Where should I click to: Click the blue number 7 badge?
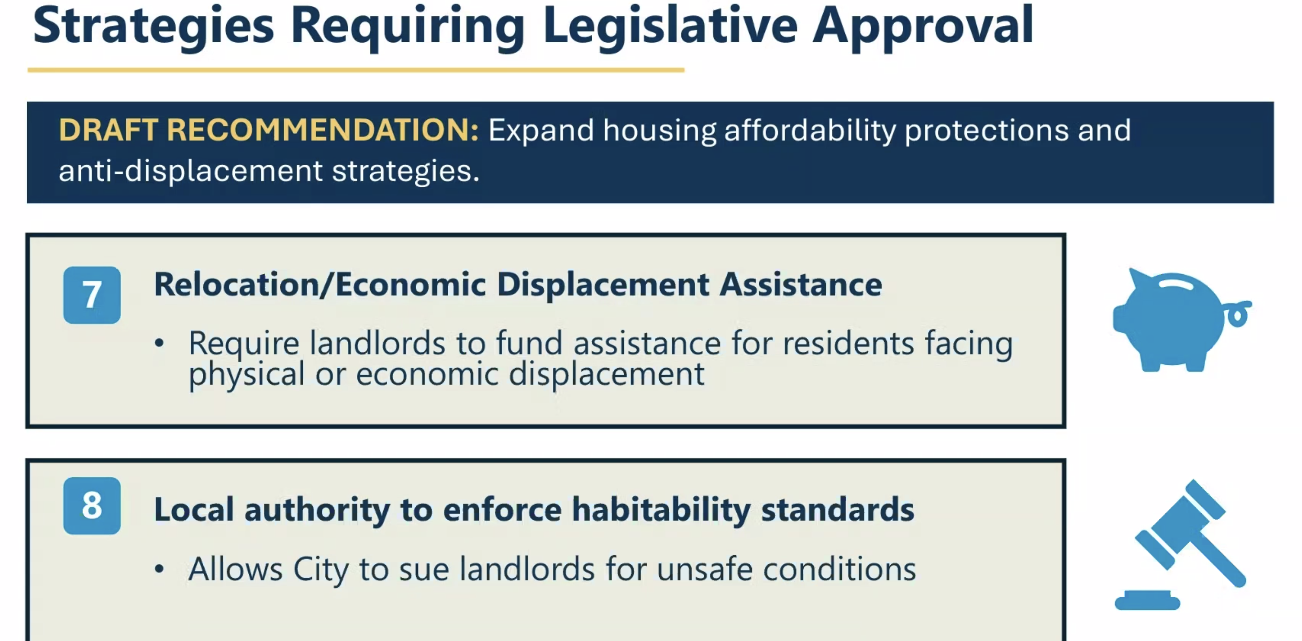[x=92, y=295]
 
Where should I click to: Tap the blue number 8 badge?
[x=92, y=506]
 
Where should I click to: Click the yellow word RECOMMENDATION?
[x=323, y=130]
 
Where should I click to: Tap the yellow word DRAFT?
[x=109, y=130]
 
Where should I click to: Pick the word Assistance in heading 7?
[x=801, y=284]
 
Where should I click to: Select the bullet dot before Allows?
[x=159, y=569]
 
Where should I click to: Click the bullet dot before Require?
[x=159, y=343]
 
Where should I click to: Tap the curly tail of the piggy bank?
[x=1238, y=314]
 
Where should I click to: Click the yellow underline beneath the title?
[x=356, y=70]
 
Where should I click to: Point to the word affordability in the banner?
[x=810, y=130]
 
